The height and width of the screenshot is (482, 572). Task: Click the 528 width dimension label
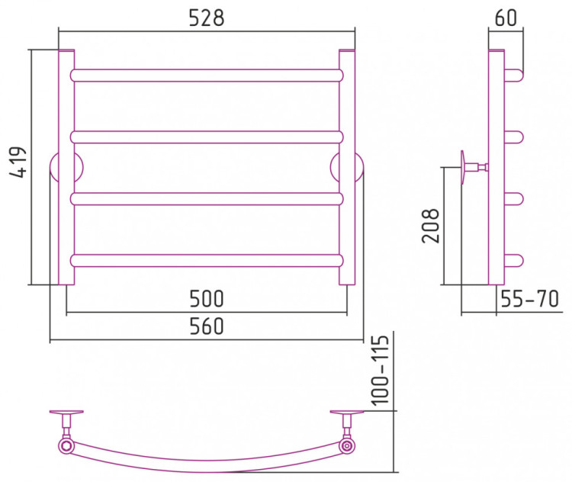click(207, 18)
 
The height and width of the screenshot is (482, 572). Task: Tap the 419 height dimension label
click(18, 162)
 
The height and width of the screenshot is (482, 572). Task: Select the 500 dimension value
click(207, 299)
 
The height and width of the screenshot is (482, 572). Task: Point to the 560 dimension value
click(207, 326)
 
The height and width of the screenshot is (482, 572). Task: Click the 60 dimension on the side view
click(506, 18)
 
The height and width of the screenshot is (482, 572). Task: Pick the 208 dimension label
click(430, 226)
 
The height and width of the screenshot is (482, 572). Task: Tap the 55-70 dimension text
click(529, 299)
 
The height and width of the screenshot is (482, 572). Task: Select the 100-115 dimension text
click(380, 370)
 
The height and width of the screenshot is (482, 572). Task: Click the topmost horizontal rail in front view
click(207, 76)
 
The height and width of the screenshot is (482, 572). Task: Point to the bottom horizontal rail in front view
click(207, 261)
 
